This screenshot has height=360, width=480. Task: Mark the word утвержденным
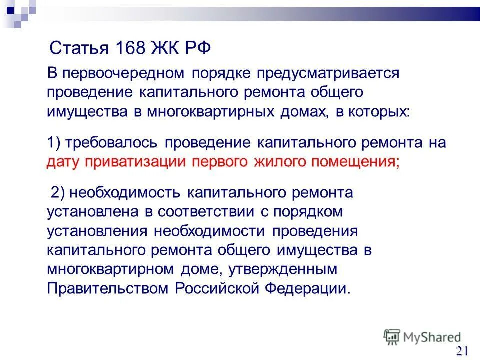[x=284, y=270]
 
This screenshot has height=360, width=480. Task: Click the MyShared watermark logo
[x=422, y=337]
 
